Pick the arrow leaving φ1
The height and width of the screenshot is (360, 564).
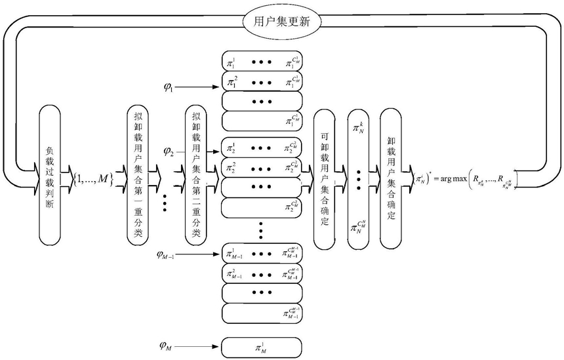click(x=199, y=87)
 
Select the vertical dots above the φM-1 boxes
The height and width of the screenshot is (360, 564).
click(x=262, y=231)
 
